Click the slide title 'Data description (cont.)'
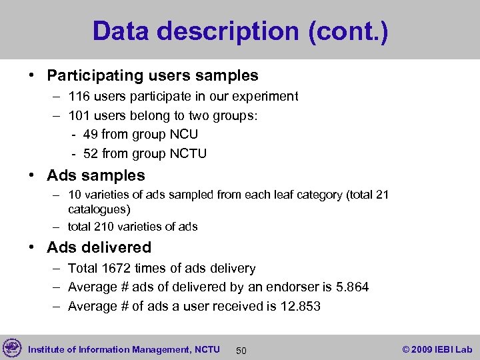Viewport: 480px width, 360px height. (x=240, y=31)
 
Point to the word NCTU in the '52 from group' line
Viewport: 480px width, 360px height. (x=188, y=154)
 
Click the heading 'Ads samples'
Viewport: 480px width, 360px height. (x=95, y=176)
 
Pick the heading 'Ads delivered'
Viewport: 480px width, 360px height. (x=99, y=247)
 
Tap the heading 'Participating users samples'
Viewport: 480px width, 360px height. (x=152, y=76)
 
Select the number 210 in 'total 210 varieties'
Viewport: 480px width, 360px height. (x=104, y=227)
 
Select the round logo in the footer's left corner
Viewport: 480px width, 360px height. (x=12, y=348)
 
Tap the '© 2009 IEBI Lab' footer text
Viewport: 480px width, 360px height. (x=437, y=349)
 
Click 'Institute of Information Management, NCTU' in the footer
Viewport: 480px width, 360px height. (x=123, y=349)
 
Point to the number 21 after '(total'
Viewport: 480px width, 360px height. (x=382, y=195)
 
